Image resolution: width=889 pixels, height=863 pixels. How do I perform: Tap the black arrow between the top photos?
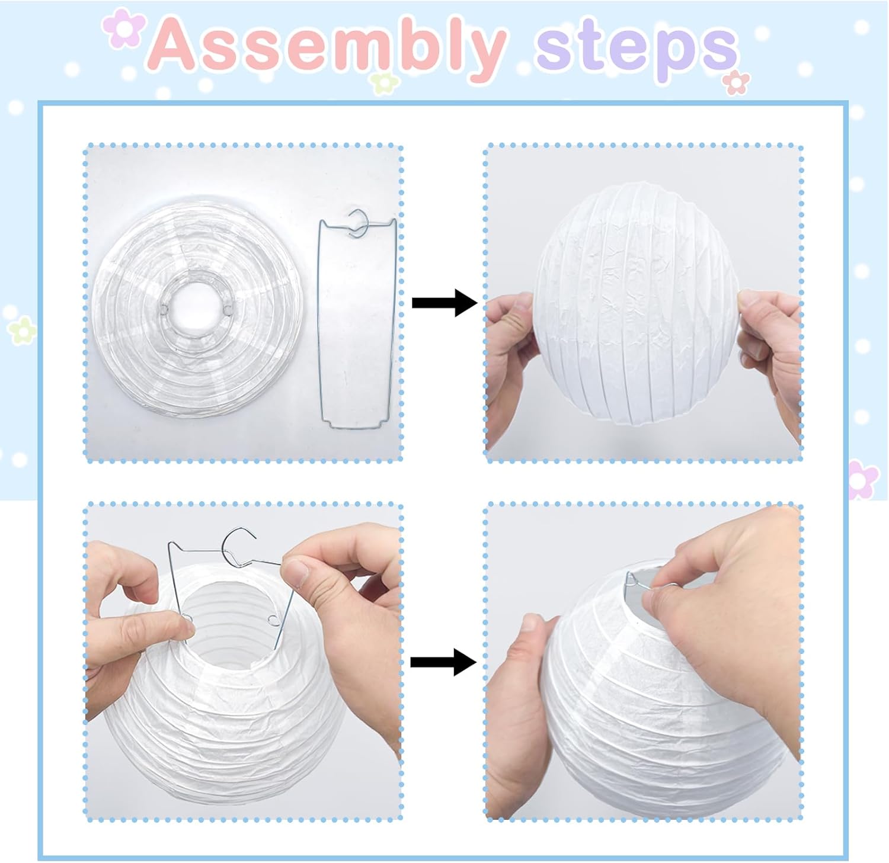[444, 303]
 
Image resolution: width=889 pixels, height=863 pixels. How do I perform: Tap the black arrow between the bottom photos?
[443, 662]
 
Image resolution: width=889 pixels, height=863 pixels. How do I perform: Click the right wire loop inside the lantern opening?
[273, 620]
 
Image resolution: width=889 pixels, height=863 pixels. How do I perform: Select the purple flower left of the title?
[123, 28]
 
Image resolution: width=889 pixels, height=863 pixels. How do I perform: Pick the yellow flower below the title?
[382, 83]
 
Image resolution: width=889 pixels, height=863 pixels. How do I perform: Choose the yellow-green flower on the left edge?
[22, 330]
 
